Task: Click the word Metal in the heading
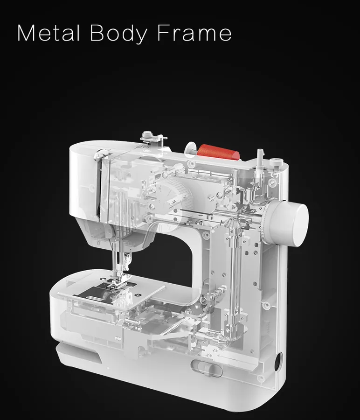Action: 48,33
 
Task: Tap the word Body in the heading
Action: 118,34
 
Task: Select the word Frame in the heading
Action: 194,33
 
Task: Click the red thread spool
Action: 218,152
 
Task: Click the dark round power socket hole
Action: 278,362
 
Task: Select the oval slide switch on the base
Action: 207,368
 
